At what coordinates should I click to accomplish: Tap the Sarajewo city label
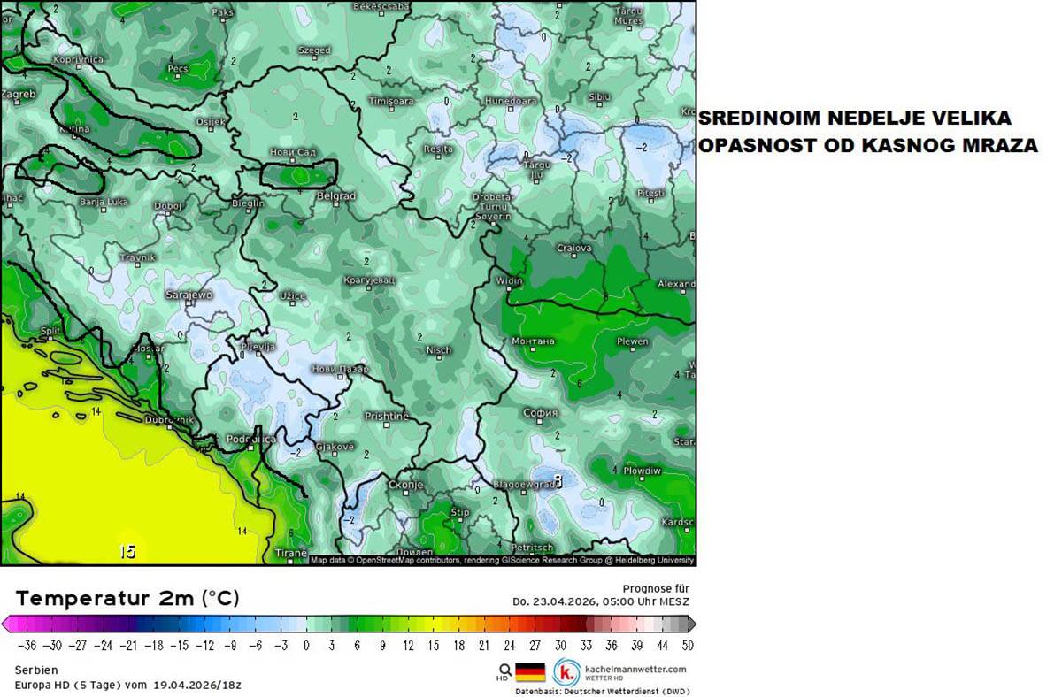189,295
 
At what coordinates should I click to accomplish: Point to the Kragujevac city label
369,280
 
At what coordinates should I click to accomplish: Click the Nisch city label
439,350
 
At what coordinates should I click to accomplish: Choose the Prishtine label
387,416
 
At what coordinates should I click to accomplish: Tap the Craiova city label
573,249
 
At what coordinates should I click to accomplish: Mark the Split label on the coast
50,332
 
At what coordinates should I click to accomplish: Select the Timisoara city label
391,101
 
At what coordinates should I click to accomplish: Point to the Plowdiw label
642,471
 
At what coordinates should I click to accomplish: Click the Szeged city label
314,50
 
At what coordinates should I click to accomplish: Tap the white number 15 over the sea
127,552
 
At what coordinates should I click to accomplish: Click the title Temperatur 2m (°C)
127,598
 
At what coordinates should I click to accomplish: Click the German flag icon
530,672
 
